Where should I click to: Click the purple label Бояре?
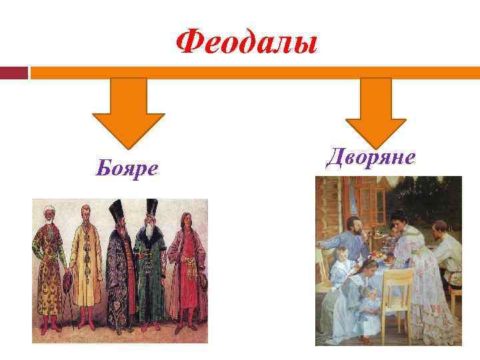pos(127,169)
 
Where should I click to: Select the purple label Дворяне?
pos(371,157)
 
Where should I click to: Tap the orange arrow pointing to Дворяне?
pos(375,111)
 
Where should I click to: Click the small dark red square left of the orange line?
pos(13,72)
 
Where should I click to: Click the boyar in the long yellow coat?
pos(85,267)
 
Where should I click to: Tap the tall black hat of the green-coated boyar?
pos(151,210)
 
